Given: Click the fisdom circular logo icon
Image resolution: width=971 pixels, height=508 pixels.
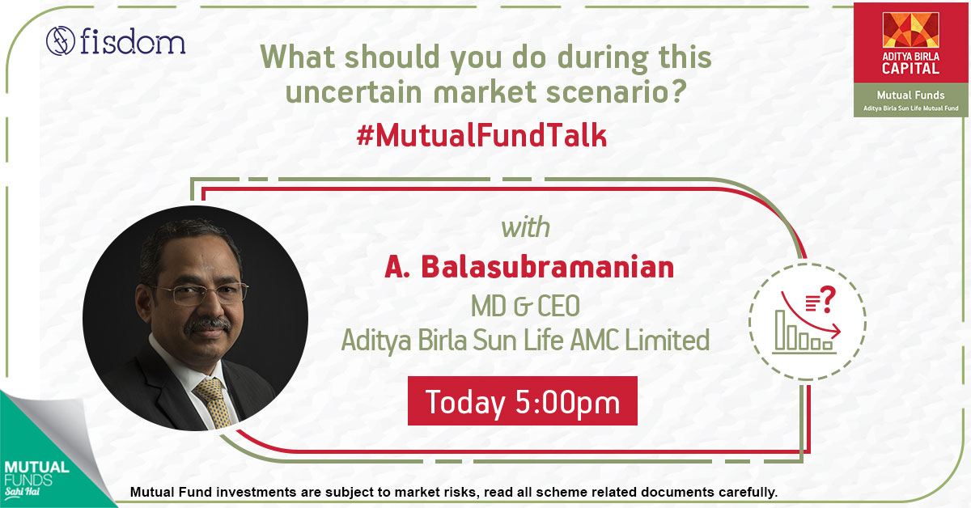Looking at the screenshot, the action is point(61,41).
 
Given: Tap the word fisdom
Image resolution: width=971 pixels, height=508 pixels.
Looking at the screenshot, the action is point(133,41).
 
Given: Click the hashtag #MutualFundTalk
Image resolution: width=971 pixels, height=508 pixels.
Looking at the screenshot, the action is point(481,136).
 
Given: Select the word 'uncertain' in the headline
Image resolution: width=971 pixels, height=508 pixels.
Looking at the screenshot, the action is point(354,92).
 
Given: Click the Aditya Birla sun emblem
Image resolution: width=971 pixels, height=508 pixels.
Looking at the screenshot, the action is point(911,30).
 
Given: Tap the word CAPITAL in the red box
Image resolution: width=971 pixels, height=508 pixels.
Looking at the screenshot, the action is point(911,69).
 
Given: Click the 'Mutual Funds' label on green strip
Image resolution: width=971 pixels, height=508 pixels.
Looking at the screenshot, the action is point(911,95).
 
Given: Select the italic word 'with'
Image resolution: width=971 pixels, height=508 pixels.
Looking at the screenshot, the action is point(525,227).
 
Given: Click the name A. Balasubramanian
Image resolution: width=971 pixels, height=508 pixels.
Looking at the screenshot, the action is point(529,267).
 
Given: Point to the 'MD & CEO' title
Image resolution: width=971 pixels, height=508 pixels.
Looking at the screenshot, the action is point(525,306).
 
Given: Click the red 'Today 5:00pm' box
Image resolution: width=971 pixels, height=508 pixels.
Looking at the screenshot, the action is point(523,401).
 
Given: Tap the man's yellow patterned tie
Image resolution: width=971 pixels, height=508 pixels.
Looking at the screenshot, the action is point(214,403).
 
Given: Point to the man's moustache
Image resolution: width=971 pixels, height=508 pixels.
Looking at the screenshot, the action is point(208,324).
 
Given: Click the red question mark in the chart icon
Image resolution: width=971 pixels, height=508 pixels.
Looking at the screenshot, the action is point(828,299).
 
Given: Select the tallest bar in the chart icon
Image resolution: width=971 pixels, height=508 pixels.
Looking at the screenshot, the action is point(780,330).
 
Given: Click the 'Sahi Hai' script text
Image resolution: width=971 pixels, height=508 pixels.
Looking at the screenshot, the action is point(23,492).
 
